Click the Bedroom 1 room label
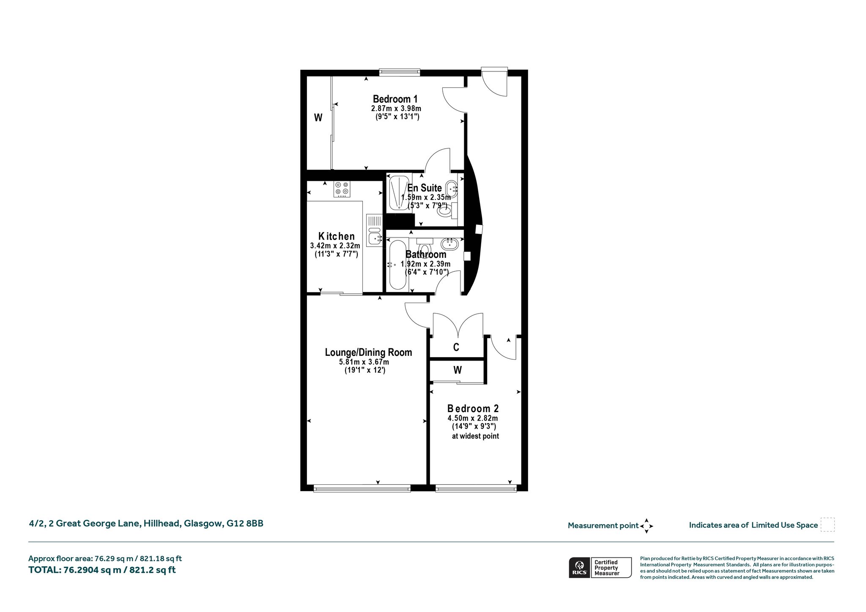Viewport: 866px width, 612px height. pyautogui.click(x=395, y=99)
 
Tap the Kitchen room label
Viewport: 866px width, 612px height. pyautogui.click(x=337, y=236)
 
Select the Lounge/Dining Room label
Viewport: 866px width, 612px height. pyautogui.click(x=368, y=352)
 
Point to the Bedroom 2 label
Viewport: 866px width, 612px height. pyautogui.click(x=473, y=409)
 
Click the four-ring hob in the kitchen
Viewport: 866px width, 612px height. pyautogui.click(x=342, y=189)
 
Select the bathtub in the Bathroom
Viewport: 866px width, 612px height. pyautogui.click(x=397, y=265)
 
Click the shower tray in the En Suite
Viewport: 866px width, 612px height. pyautogui.click(x=398, y=193)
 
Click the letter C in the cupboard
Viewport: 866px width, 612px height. pyautogui.click(x=456, y=347)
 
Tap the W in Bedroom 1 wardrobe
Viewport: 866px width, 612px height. pyautogui.click(x=318, y=118)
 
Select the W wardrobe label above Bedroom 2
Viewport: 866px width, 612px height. pyautogui.click(x=458, y=370)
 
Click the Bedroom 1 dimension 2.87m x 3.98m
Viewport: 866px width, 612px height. pyautogui.click(x=396, y=109)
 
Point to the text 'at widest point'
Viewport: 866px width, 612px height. pyautogui.click(x=475, y=436)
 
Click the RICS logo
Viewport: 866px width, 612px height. pyautogui.click(x=578, y=568)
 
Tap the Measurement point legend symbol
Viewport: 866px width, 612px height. pyautogui.click(x=647, y=526)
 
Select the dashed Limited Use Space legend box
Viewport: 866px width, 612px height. pyautogui.click(x=828, y=525)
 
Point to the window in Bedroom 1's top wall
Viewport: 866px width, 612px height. pyautogui.click(x=400, y=73)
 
